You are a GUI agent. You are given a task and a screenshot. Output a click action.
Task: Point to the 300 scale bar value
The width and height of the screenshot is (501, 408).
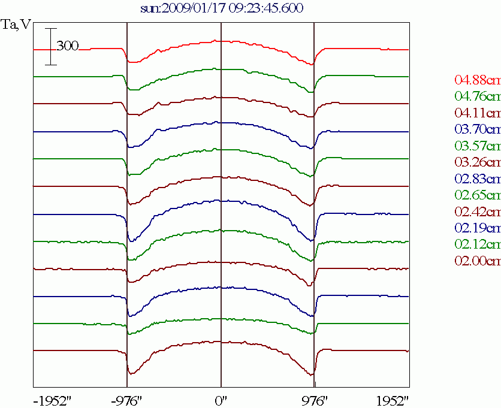pos(68,46)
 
